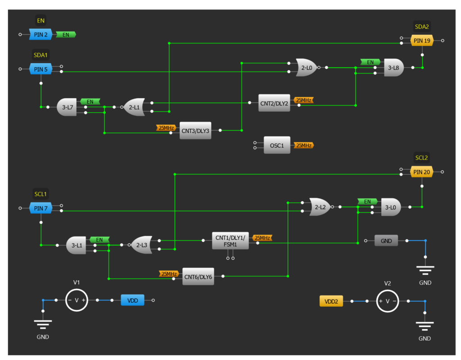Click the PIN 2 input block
click(41, 34)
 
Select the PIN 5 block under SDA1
click(41, 69)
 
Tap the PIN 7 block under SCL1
click(41, 208)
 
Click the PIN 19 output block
click(422, 41)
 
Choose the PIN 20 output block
click(422, 172)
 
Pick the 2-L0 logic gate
click(306, 68)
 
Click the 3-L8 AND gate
click(393, 68)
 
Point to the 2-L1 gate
click(134, 107)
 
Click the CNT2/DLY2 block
click(274, 103)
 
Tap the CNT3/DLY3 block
click(195, 131)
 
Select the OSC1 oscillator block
click(277, 145)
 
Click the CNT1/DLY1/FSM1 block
click(230, 241)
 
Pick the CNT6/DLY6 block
click(198, 277)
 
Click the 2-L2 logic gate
click(320, 207)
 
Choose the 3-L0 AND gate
click(391, 207)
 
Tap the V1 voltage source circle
click(76, 300)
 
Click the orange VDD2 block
click(331, 301)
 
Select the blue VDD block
click(132, 300)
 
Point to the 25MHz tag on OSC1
click(303, 145)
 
